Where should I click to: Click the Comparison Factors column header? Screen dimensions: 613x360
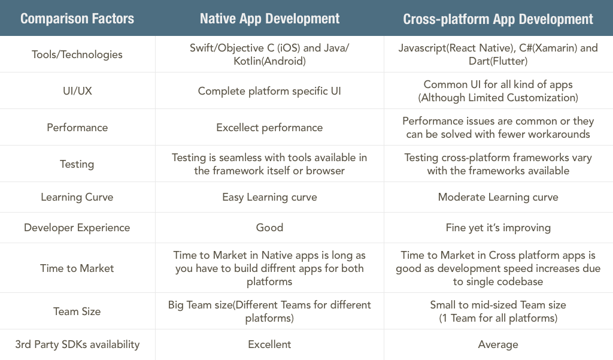[77, 19]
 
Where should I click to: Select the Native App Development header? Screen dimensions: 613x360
[270, 19]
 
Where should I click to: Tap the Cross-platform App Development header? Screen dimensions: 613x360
[498, 19]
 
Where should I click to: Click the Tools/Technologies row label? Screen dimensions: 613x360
[77, 55]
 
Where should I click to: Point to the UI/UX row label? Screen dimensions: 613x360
[77, 91]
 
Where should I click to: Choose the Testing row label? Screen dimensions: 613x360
[77, 164]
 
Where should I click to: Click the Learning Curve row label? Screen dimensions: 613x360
[77, 197]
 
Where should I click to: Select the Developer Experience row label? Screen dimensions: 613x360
[77, 228]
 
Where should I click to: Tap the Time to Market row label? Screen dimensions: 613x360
[77, 268]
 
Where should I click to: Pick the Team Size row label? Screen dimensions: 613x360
[77, 311]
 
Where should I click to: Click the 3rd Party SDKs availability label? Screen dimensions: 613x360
[77, 344]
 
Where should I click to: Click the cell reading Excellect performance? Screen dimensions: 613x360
[269, 128]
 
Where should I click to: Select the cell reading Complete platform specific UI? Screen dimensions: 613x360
[269, 91]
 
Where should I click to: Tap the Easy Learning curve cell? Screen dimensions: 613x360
[269, 197]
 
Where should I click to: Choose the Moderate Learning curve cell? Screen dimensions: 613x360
[498, 197]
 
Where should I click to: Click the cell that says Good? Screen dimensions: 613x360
[270, 228]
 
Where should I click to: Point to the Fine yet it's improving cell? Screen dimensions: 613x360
[498, 228]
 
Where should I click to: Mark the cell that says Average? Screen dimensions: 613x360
[498, 344]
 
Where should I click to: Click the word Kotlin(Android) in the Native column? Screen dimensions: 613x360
[270, 61]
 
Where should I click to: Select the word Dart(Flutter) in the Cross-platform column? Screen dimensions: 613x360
[498, 61]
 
